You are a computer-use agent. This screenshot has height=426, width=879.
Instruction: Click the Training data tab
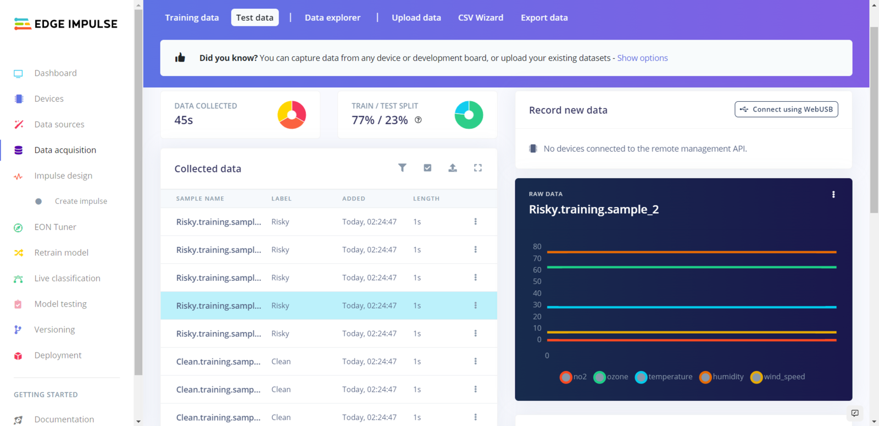click(x=192, y=18)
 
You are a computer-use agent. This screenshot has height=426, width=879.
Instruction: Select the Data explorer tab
click(x=332, y=18)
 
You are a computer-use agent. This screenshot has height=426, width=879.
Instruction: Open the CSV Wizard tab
click(x=480, y=18)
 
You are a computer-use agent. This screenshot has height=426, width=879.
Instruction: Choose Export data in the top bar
click(x=544, y=18)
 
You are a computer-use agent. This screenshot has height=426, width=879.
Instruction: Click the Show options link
click(x=642, y=58)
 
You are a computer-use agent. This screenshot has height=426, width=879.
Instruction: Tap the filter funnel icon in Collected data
click(x=402, y=168)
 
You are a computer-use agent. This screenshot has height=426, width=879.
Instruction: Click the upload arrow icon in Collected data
click(x=453, y=168)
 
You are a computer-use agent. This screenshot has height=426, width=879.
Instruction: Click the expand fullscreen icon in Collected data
click(x=478, y=168)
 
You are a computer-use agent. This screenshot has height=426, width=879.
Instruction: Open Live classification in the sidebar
click(x=67, y=278)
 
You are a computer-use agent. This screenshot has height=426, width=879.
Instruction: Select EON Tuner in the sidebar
click(x=55, y=227)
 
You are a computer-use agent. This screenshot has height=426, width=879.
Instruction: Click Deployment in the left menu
click(x=58, y=355)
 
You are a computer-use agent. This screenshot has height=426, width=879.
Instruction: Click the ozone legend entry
click(x=611, y=377)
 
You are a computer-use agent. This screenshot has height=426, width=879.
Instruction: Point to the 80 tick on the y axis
click(x=537, y=247)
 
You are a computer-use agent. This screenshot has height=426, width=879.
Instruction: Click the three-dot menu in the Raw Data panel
click(x=833, y=195)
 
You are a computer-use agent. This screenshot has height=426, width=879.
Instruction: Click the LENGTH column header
click(x=426, y=198)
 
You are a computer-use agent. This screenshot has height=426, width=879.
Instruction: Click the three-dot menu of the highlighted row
click(x=476, y=306)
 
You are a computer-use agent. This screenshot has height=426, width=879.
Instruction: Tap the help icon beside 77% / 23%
click(x=418, y=120)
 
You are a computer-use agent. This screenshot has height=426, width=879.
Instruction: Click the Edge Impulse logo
click(x=66, y=24)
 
